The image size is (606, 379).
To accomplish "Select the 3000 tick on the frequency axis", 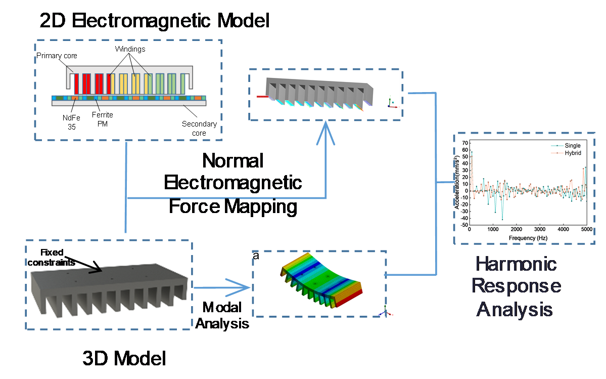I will pos(539,230).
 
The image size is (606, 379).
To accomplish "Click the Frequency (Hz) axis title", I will pos(528,237).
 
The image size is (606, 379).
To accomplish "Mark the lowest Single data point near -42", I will pos(502,219).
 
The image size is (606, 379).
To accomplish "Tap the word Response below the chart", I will pos(516,286).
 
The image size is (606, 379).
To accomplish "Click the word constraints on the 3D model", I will pos(51,262).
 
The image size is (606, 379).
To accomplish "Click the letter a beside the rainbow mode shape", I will pos(256,256).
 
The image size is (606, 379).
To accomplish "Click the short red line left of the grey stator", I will pos(262,96).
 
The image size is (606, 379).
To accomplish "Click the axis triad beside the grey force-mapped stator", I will pos(391,103).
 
